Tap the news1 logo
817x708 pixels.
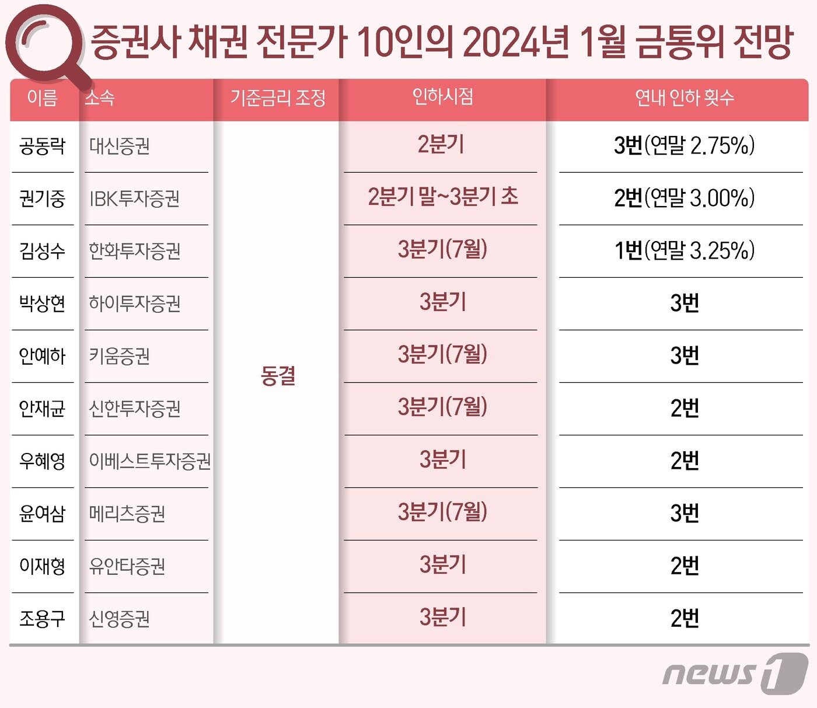click(735, 674)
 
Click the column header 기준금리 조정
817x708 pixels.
click(278, 97)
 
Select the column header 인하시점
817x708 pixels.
click(442, 96)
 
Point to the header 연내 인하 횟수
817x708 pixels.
click(684, 97)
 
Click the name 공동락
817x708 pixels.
click(42, 146)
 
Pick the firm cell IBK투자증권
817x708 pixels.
click(134, 198)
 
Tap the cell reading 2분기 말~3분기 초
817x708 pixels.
click(442, 197)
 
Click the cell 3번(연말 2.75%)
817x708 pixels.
click(684, 145)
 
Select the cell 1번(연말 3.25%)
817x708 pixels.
click(684, 250)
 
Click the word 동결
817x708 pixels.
click(278, 375)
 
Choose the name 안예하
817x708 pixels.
click(42, 356)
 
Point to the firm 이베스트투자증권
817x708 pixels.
click(149, 461)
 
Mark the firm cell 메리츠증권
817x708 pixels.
click(127, 514)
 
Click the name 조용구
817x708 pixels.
click(42, 618)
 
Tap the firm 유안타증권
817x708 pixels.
click(127, 566)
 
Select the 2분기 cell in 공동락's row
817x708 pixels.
click(441, 144)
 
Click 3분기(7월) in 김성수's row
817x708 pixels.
click(442, 249)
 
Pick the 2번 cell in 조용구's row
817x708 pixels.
click(684, 618)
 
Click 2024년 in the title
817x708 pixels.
click(516, 42)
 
